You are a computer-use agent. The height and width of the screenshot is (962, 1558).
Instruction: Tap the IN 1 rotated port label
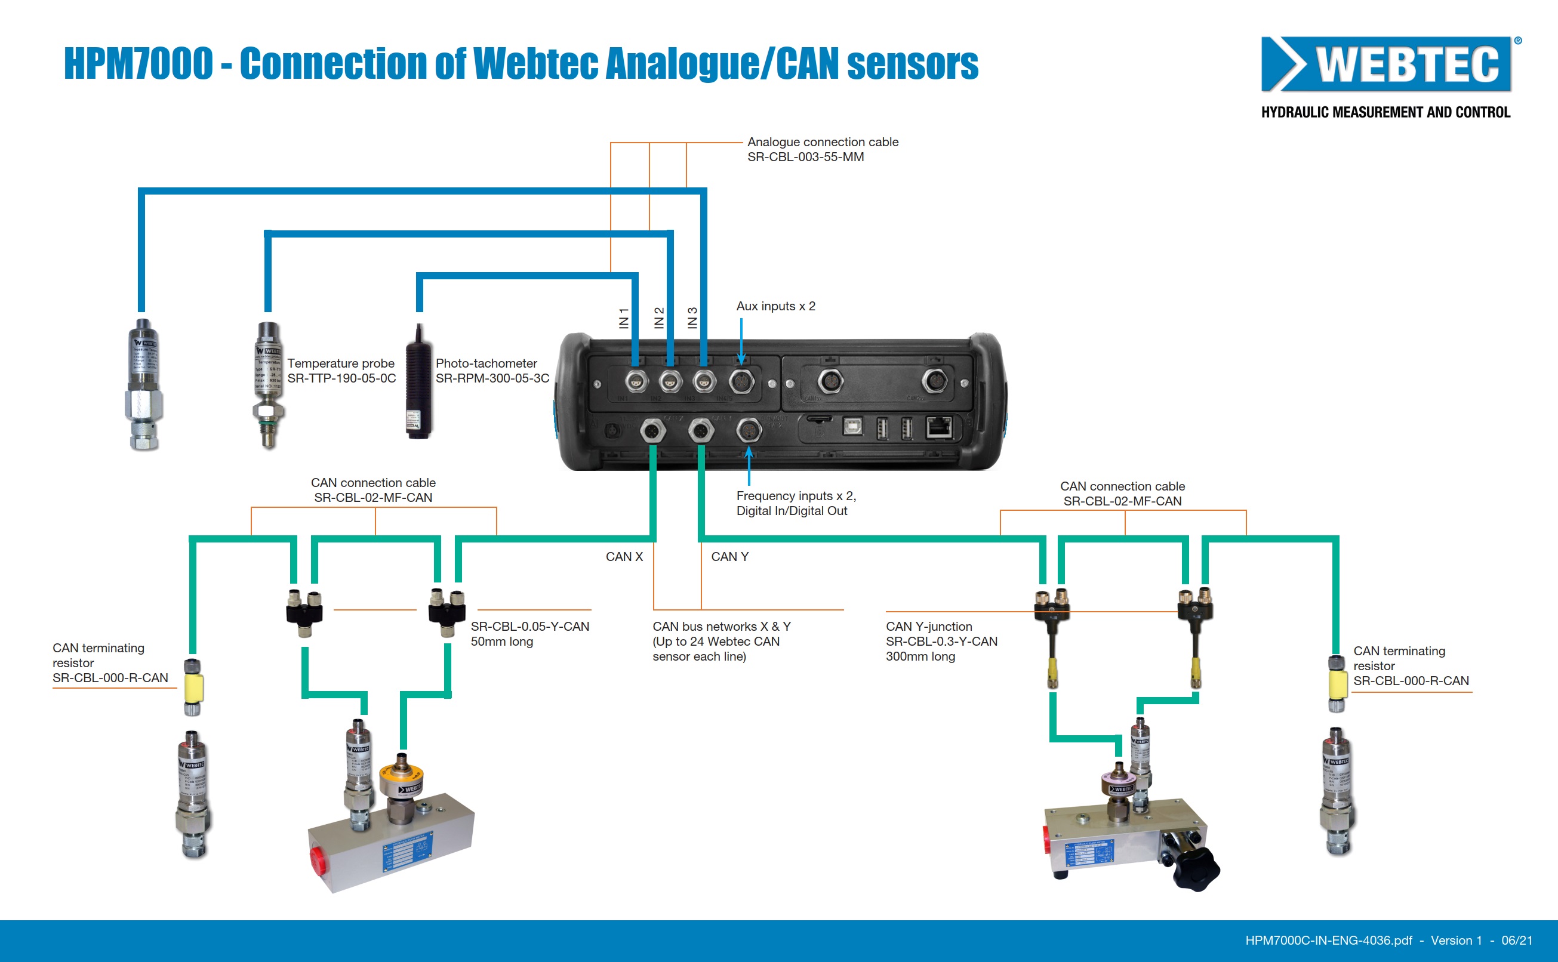click(624, 317)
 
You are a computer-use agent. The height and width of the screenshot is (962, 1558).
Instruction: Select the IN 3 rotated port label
click(692, 317)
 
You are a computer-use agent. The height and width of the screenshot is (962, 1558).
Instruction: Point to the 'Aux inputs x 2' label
click(775, 306)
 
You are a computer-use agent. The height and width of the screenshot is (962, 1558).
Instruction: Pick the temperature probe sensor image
click(269, 385)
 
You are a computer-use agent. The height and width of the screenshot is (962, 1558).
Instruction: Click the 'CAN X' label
click(624, 557)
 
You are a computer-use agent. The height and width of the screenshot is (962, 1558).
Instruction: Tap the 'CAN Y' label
click(729, 557)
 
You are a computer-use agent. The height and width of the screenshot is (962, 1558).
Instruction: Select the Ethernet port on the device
click(939, 427)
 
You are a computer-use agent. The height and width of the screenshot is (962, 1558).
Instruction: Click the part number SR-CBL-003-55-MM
click(805, 157)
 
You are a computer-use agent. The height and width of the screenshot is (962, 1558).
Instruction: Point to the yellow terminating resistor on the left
click(193, 687)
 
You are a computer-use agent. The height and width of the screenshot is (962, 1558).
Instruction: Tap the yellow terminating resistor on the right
click(1337, 684)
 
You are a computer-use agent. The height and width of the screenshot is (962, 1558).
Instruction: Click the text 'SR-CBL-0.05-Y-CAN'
click(529, 627)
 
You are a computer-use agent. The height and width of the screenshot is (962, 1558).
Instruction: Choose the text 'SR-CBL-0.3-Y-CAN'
click(941, 642)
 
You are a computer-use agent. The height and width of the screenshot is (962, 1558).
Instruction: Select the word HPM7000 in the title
click(138, 64)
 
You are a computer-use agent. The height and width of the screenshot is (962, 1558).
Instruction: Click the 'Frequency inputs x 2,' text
click(796, 496)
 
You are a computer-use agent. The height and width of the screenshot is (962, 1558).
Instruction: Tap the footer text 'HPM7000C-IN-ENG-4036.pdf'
click(1328, 941)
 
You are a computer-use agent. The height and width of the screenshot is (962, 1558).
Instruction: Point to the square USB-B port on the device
click(852, 426)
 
